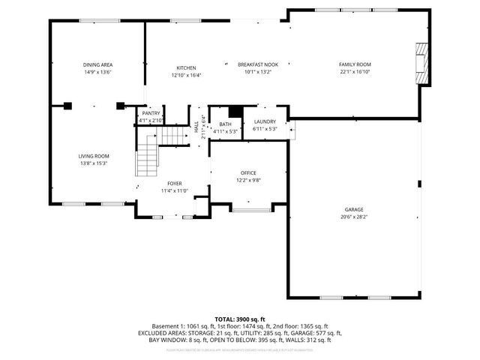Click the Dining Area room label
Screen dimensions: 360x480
click(x=97, y=65)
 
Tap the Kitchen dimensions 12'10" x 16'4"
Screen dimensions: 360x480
click(x=186, y=75)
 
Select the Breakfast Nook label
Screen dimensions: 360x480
click(x=258, y=64)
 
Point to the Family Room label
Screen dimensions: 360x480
click(x=355, y=64)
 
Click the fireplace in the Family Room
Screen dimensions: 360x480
click(x=423, y=63)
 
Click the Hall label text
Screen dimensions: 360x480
click(x=196, y=129)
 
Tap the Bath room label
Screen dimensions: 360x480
click(x=225, y=124)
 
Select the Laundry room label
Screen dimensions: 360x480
click(x=265, y=121)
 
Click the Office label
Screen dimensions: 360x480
click(x=248, y=172)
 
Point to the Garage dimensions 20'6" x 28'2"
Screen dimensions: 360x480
click(x=355, y=217)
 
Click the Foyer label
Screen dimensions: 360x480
click(x=174, y=183)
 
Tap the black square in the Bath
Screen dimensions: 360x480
click(x=235, y=112)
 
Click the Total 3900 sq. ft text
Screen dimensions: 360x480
click(x=239, y=319)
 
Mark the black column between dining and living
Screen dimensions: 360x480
click(x=68, y=106)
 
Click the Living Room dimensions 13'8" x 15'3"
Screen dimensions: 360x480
click(x=94, y=163)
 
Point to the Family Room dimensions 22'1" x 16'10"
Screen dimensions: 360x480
click(x=355, y=73)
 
